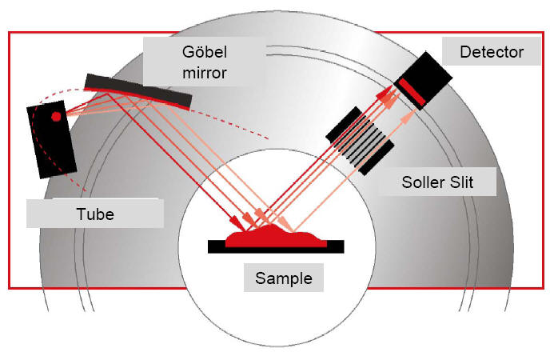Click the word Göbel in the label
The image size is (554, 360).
coord(205,52)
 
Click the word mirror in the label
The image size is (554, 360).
coord(205,73)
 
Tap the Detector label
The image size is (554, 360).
coord(492,52)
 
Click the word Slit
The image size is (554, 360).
coord(461,182)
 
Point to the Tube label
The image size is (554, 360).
coord(95,214)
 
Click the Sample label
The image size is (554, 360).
coord(284,278)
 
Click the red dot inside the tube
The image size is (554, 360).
coord(56,116)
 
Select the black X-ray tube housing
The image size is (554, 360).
coord(52,139)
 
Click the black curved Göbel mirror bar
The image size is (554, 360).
coord(138,90)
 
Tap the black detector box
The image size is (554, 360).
coord(424,80)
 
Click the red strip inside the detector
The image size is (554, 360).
coord(413,92)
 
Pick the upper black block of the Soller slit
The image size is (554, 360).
coord(344,124)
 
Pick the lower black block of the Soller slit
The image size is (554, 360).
coord(377,158)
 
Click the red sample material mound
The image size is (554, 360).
coord(276,236)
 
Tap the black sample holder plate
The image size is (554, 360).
coord(276,247)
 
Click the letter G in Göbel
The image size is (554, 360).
coord(188,52)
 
